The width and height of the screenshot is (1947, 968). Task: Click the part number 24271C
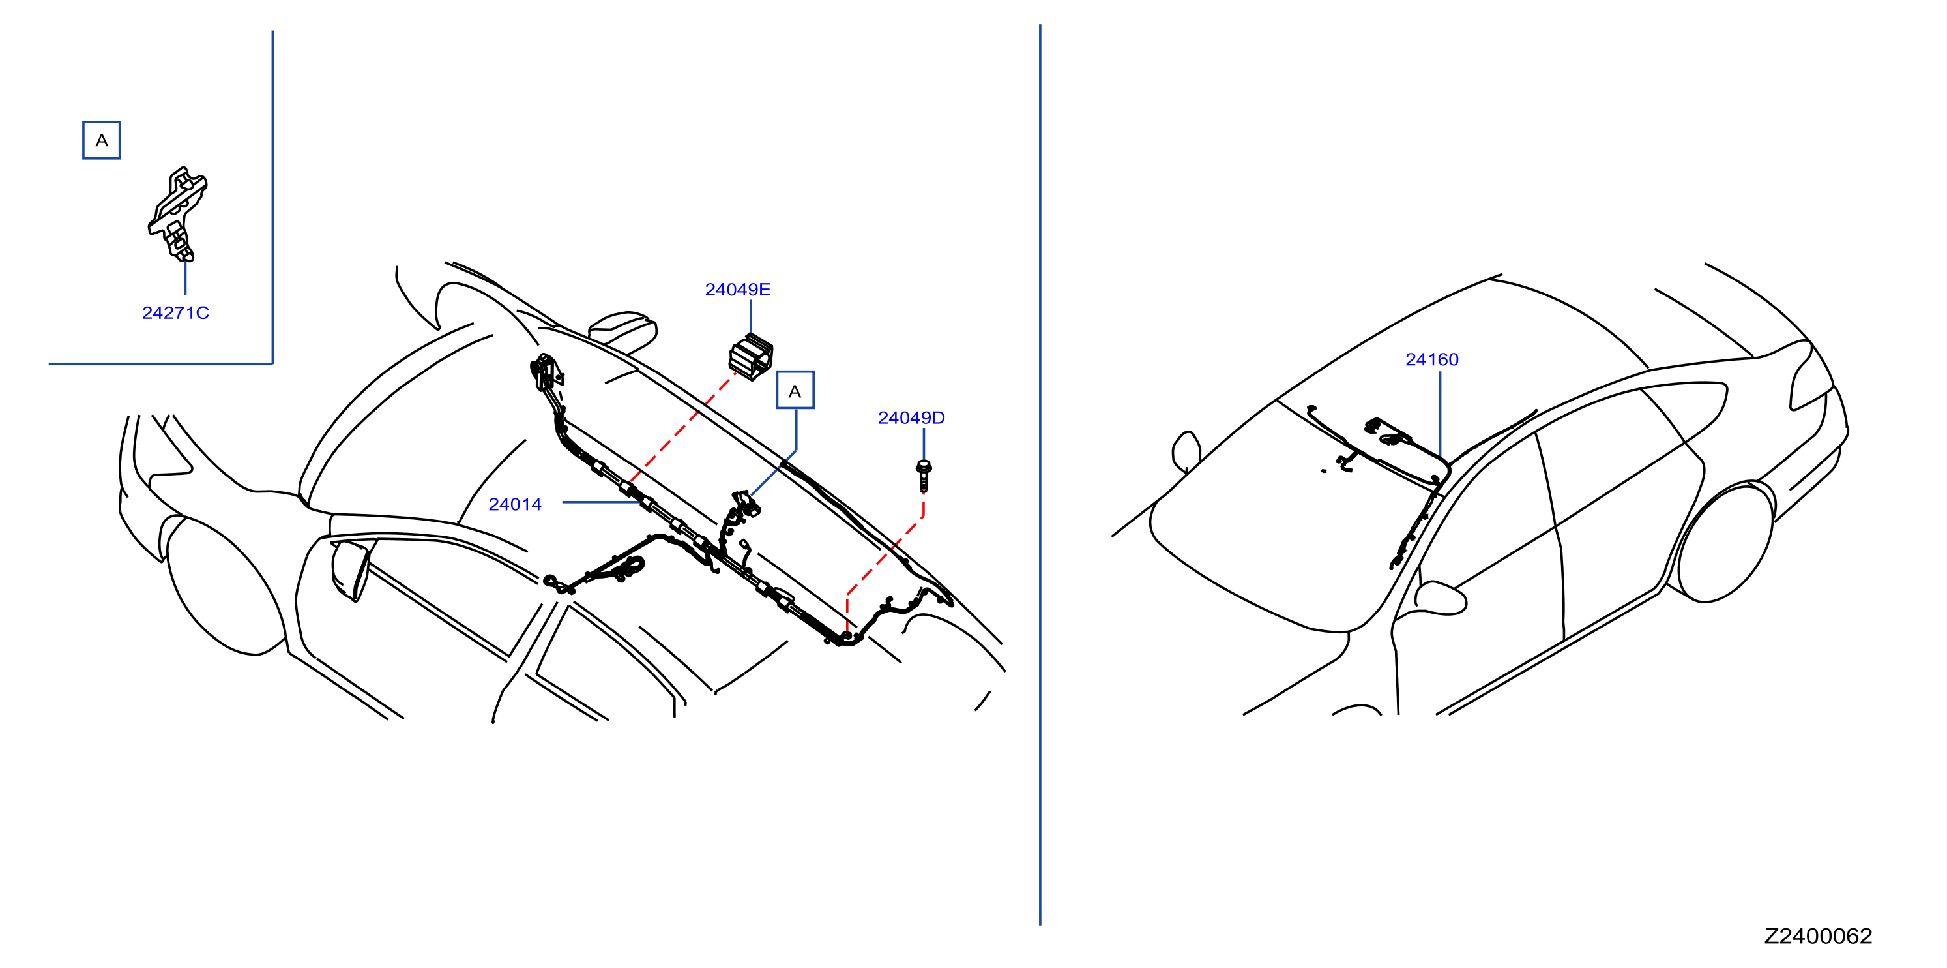[175, 313]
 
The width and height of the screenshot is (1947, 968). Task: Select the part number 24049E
[738, 290]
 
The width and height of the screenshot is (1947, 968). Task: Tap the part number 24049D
[911, 418]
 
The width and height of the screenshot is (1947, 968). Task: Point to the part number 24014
[515, 504]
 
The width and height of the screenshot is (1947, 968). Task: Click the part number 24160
[1431, 360]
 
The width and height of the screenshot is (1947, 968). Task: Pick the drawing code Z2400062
[1818, 936]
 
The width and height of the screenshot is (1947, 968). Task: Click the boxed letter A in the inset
[101, 140]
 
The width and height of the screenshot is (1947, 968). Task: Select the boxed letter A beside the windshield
[795, 390]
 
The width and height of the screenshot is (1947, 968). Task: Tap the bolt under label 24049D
[924, 476]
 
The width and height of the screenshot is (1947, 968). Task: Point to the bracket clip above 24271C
[177, 214]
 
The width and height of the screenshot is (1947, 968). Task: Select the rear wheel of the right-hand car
[1725, 542]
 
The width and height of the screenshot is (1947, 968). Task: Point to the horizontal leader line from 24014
[601, 502]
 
